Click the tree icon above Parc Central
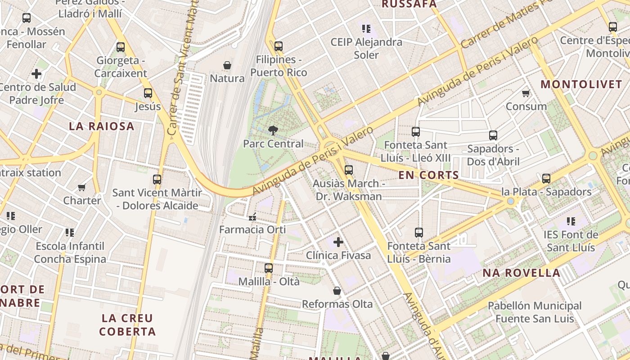pyautogui.click(x=273, y=130)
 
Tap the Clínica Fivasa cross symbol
pyautogui.click(x=338, y=242)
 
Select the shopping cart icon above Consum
pyautogui.click(x=526, y=94)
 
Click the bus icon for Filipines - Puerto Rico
pyautogui.click(x=279, y=46)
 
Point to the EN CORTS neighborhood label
pyautogui.click(x=428, y=175)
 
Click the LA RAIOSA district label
pyautogui.click(x=102, y=126)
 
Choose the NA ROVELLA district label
pyautogui.click(x=521, y=273)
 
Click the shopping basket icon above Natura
pyautogui.click(x=227, y=65)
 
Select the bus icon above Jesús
pyautogui.click(x=148, y=93)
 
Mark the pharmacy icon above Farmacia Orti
pyautogui.click(x=252, y=217)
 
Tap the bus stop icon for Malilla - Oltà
pyautogui.click(x=269, y=268)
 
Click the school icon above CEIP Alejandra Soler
pyautogui.click(x=366, y=29)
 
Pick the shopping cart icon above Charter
pyautogui.click(x=82, y=187)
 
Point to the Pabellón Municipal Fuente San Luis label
pyautogui.click(x=535, y=312)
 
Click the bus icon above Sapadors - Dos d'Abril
pyautogui.click(x=493, y=135)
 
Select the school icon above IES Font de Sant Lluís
pyautogui.click(x=571, y=221)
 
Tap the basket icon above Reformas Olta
pyautogui.click(x=337, y=291)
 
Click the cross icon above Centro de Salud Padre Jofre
pyautogui.click(x=36, y=74)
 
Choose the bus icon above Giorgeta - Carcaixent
pyautogui.click(x=121, y=47)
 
